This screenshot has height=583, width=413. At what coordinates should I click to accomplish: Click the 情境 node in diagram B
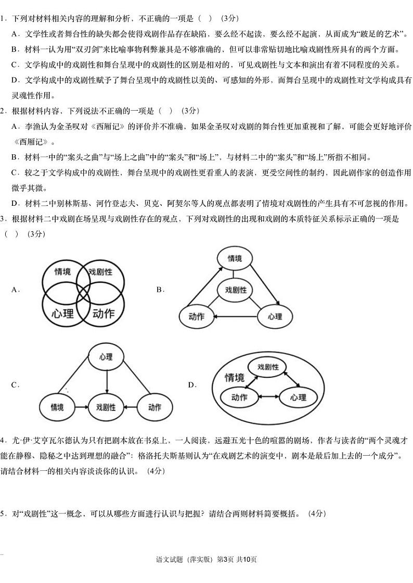point(235,258)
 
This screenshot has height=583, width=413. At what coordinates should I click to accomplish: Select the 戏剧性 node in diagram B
point(236,290)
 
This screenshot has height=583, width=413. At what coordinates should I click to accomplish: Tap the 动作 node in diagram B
point(196,316)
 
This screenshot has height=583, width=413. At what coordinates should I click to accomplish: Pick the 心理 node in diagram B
point(275,316)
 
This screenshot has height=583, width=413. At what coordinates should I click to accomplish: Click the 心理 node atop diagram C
point(106,356)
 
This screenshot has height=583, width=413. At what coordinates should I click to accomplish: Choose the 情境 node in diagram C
point(58,407)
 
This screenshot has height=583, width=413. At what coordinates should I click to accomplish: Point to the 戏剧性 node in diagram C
point(106,407)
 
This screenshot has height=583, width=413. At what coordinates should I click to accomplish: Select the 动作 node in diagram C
point(154,407)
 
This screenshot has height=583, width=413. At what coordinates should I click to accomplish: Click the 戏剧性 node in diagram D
point(268,367)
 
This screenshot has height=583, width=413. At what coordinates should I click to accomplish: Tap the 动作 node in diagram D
point(239,398)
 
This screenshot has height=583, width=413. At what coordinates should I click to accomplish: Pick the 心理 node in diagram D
point(298,398)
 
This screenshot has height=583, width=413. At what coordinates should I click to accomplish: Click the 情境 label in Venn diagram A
point(63,272)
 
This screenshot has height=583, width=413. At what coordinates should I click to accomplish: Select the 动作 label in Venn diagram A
point(103,313)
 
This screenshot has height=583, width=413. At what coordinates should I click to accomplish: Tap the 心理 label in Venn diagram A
point(63,313)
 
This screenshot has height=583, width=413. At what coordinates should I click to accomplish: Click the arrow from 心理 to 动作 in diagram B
point(235,316)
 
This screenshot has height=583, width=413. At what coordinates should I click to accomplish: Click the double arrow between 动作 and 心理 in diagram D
point(268,398)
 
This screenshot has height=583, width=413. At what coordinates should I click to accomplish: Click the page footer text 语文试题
point(170,559)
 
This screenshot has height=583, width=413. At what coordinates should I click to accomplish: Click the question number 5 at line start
point(3,513)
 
